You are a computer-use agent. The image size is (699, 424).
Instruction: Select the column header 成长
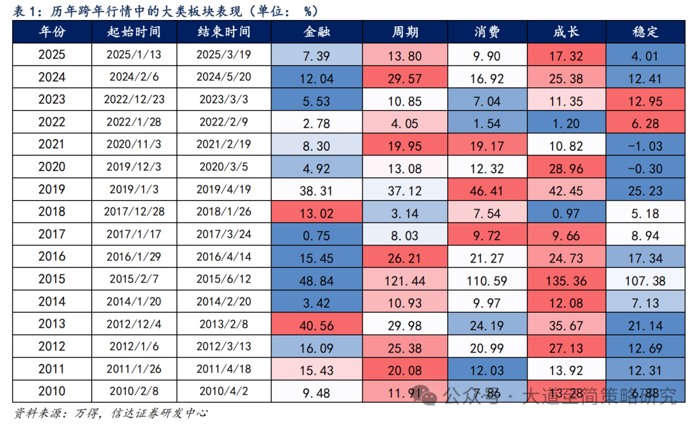tap(566, 32)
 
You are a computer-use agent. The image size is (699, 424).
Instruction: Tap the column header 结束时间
tap(223, 32)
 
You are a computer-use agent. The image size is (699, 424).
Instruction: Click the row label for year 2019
tap(52, 190)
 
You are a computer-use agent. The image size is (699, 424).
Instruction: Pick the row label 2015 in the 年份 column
tap(52, 280)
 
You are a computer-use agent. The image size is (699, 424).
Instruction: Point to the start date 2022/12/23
tap(134, 100)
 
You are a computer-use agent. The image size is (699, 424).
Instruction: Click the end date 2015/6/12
tap(223, 280)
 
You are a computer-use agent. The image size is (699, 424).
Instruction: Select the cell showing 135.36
tap(566, 280)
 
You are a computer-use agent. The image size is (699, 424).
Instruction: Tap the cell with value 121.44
tap(405, 280)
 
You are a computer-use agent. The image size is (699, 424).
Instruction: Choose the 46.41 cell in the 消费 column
tap(487, 190)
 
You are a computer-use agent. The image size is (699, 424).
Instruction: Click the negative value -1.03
tap(645, 146)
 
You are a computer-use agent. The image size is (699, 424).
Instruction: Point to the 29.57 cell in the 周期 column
tap(405, 78)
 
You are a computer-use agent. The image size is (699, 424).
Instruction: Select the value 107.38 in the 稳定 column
tap(645, 280)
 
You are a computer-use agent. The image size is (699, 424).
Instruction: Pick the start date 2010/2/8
tap(134, 392)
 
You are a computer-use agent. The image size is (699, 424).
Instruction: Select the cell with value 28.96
tap(566, 168)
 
